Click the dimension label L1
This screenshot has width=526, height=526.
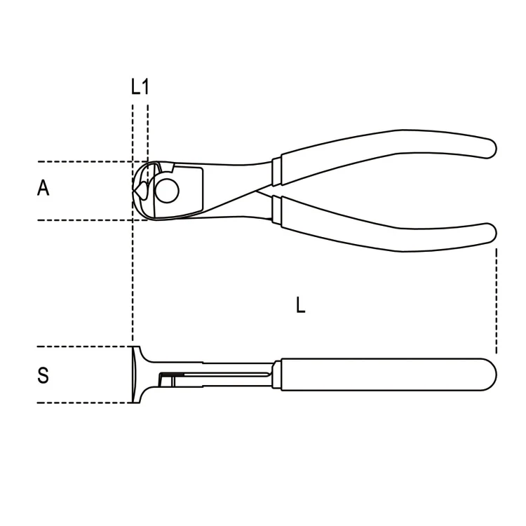click(x=140, y=87)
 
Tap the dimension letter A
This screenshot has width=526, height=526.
click(x=43, y=188)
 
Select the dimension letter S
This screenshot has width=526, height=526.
click(x=43, y=375)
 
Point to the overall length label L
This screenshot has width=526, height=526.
click(x=301, y=305)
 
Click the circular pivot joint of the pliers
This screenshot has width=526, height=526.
click(x=167, y=190)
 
